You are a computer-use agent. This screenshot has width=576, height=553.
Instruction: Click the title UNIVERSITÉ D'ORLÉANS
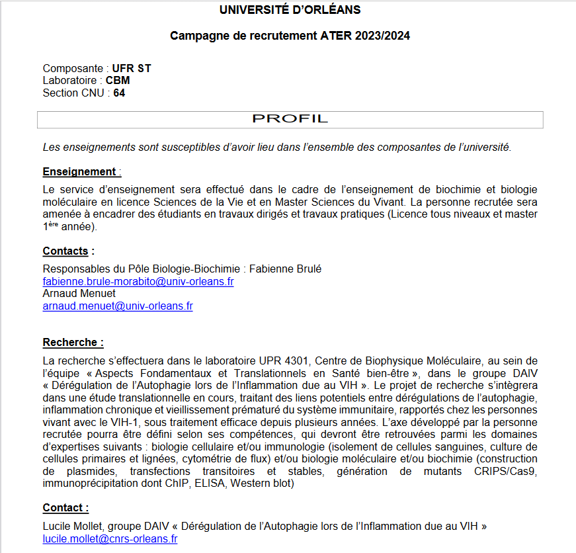(x=290, y=10)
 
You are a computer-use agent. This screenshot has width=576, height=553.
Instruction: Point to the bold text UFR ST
(x=132, y=69)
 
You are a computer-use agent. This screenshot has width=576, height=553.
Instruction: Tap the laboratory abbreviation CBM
(x=118, y=81)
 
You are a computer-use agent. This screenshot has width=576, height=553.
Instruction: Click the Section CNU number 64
(x=119, y=93)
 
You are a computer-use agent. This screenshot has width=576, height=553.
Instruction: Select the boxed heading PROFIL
(x=290, y=119)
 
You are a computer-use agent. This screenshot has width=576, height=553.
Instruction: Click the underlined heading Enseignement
(x=79, y=172)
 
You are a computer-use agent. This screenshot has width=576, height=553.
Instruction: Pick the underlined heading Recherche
(x=73, y=343)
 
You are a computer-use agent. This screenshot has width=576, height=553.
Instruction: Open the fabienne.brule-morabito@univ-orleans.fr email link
(x=138, y=282)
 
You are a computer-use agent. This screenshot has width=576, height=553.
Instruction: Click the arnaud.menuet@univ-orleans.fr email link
(x=118, y=306)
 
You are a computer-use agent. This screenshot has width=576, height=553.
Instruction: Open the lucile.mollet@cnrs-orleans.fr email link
(x=110, y=539)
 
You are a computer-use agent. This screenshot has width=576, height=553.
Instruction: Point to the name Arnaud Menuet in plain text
(x=79, y=294)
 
